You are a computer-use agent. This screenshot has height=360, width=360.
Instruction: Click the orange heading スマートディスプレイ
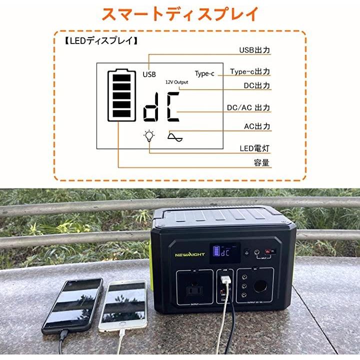(180, 13)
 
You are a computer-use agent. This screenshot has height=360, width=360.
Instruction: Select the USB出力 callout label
(254, 50)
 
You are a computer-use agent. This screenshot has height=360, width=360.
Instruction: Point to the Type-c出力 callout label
(250, 72)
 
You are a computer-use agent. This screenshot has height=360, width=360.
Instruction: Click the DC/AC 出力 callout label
(248, 107)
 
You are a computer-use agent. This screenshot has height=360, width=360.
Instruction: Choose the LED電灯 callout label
(254, 148)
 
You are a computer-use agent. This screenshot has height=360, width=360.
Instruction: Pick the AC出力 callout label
(256, 126)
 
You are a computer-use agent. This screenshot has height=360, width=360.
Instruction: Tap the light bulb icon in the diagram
(148, 136)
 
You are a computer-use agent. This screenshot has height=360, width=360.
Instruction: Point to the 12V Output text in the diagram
(177, 81)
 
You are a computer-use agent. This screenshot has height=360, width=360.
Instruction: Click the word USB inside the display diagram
(149, 74)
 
